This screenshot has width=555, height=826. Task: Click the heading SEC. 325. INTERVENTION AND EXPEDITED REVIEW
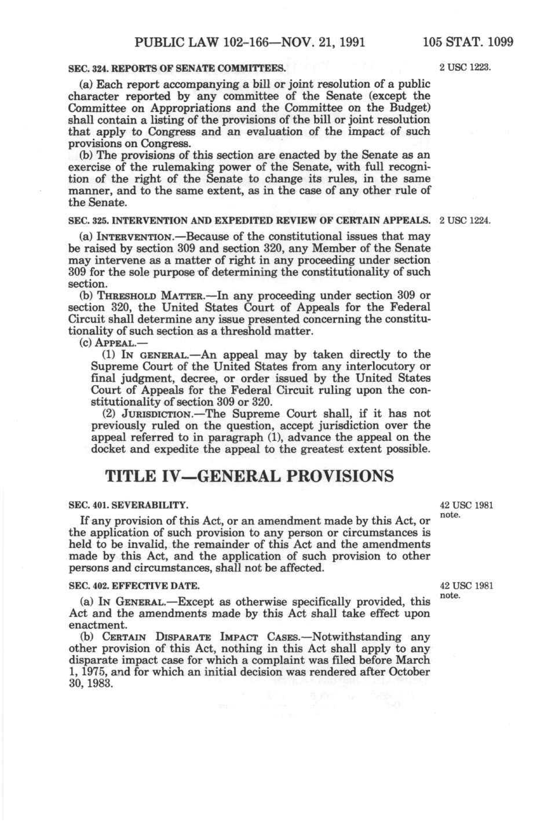tap(250, 221)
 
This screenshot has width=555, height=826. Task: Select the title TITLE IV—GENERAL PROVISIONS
tap(250, 476)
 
